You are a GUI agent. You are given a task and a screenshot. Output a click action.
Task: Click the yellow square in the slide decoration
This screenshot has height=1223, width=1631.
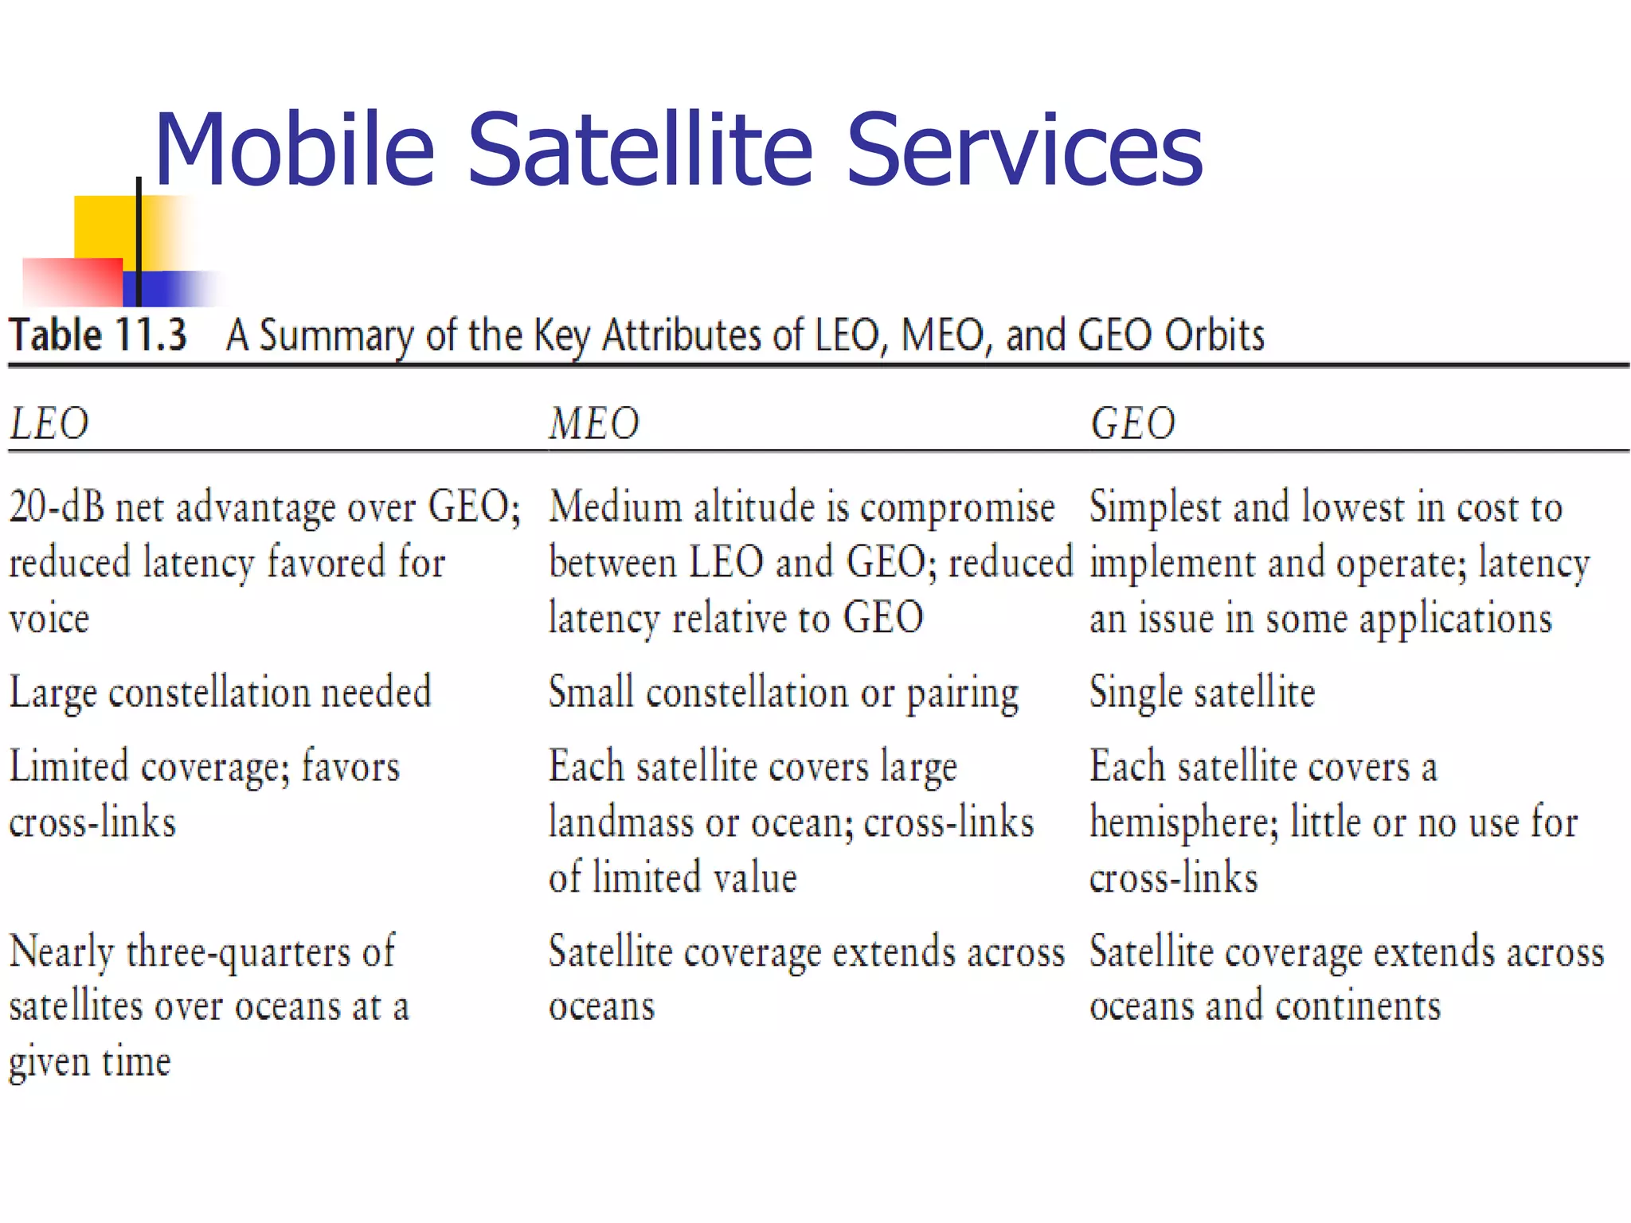tap(104, 226)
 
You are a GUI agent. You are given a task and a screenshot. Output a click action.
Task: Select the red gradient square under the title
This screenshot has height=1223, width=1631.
tap(72, 282)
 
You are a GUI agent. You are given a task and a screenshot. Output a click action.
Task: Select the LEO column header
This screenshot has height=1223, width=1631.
tap(49, 424)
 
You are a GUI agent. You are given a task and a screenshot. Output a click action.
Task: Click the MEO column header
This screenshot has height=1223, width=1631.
tap(594, 424)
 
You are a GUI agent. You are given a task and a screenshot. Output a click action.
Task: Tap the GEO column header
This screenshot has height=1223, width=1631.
tap(1132, 424)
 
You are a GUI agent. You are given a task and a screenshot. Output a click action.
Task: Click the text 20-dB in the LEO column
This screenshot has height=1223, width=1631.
tap(57, 507)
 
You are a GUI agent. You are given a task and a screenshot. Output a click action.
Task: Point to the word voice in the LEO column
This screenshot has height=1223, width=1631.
tap(49, 619)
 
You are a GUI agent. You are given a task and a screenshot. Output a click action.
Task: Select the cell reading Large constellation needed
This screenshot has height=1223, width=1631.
tap(220, 693)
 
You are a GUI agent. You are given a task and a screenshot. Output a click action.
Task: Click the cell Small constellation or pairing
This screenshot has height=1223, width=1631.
tap(784, 693)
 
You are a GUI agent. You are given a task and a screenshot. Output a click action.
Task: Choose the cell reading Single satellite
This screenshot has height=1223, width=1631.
tap(1202, 693)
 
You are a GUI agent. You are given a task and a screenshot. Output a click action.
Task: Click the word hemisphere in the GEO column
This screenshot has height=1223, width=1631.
tap(1183, 822)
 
